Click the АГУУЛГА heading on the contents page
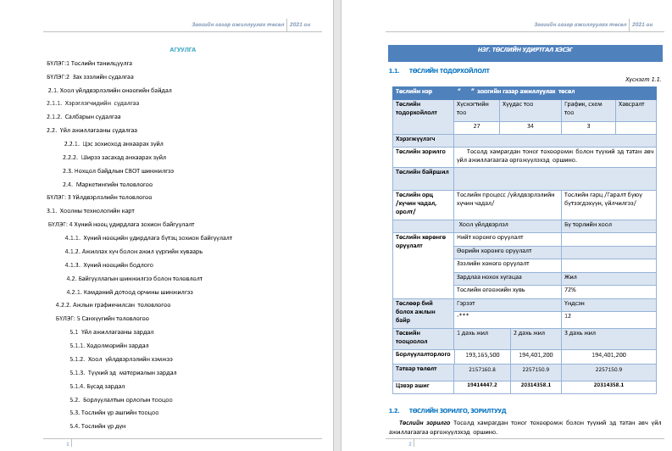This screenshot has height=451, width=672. pyautogui.click(x=183, y=50)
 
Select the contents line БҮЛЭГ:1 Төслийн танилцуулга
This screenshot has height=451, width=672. pyautogui.click(x=89, y=63)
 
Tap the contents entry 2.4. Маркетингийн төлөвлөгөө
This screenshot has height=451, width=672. pyautogui.click(x=108, y=184)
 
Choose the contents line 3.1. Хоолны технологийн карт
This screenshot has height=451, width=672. pyautogui.click(x=91, y=210)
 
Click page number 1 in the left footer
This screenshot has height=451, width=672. pyautogui.click(x=69, y=443)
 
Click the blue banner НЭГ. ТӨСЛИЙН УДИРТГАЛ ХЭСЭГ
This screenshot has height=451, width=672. pyautogui.click(x=525, y=50)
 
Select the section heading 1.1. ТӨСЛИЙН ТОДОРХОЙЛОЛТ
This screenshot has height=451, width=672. pyautogui.click(x=449, y=70)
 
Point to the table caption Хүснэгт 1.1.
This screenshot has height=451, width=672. pyautogui.click(x=642, y=79)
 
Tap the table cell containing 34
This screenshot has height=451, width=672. pyautogui.click(x=530, y=125)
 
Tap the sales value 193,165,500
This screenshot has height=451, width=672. pyautogui.click(x=482, y=354)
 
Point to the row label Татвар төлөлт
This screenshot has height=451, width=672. pyautogui.click(x=416, y=369)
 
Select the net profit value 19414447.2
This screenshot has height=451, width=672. pyautogui.click(x=482, y=384)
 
